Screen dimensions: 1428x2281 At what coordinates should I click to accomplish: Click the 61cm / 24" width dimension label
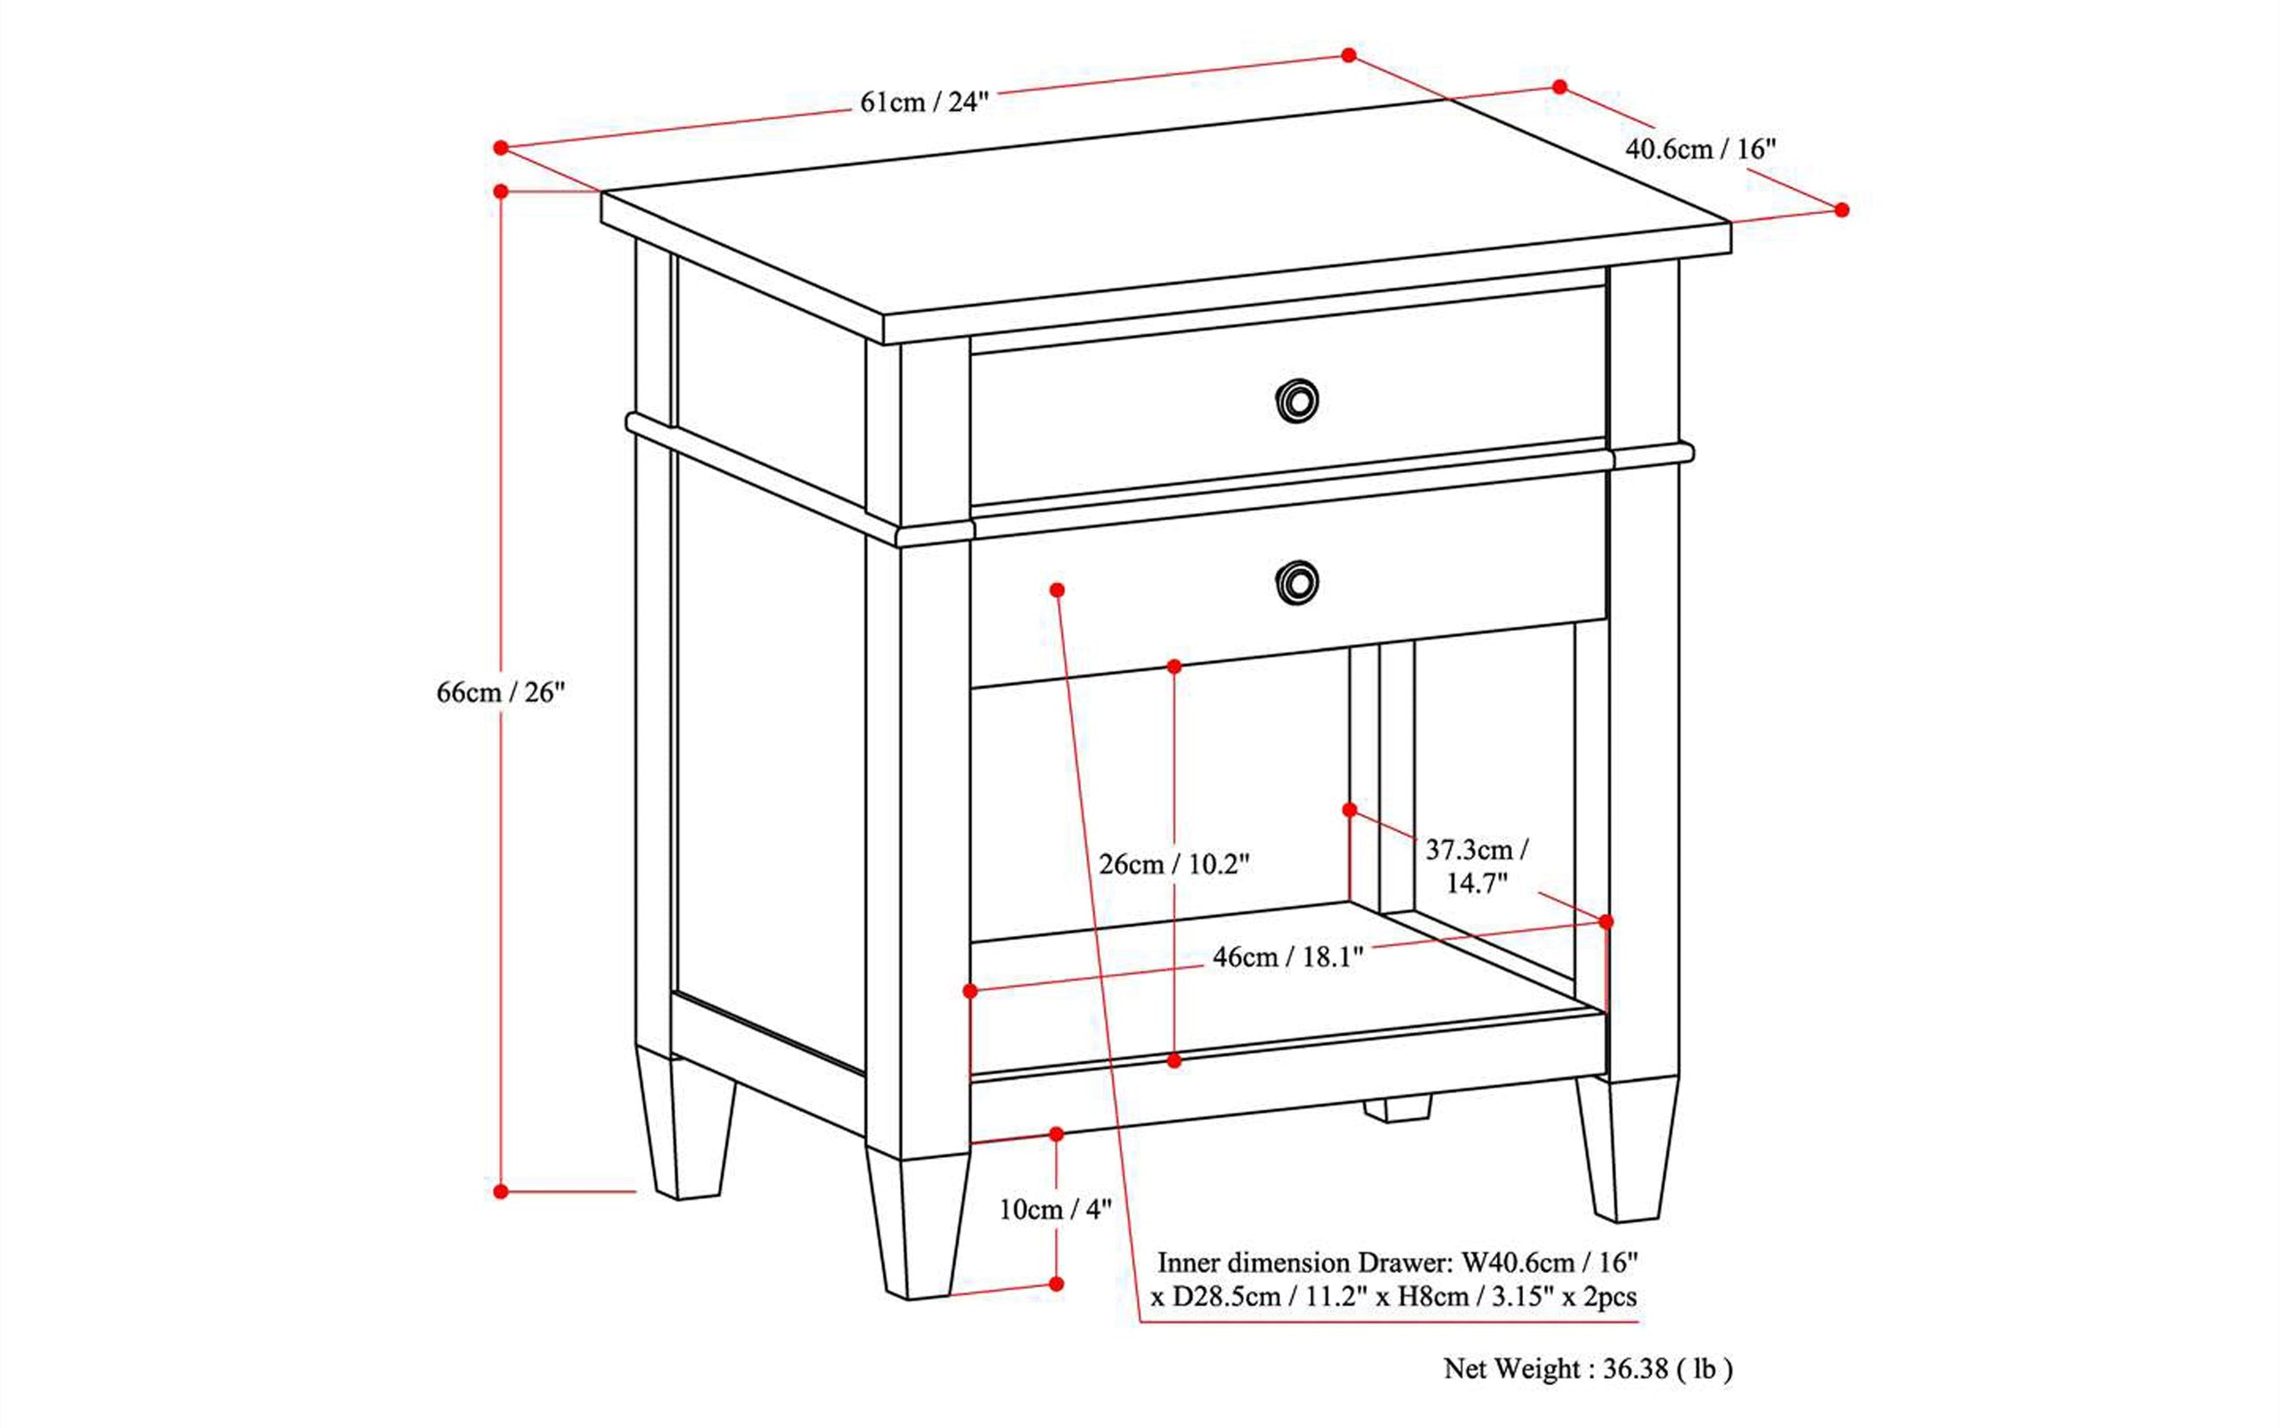click(x=924, y=102)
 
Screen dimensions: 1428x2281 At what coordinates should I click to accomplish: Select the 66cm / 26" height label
click(x=500, y=692)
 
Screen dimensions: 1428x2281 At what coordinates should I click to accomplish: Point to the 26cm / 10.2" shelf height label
click(x=1174, y=864)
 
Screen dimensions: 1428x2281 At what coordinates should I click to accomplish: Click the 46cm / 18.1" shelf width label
click(x=1288, y=957)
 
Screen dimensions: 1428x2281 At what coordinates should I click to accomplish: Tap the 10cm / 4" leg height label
click(x=1055, y=1209)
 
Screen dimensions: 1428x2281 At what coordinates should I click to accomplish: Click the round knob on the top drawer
click(x=1296, y=402)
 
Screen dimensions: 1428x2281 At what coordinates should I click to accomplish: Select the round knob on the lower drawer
click(x=1296, y=582)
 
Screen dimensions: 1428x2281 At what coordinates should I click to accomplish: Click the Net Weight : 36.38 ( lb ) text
click(x=1588, y=1368)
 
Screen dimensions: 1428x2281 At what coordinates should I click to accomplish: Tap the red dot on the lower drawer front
click(x=1057, y=591)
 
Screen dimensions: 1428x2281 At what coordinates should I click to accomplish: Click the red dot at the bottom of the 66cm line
click(x=501, y=1192)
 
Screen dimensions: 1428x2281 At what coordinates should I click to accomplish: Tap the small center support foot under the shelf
click(x=1397, y=1108)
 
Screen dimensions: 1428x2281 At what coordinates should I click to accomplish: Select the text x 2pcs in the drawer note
click(x=1600, y=1297)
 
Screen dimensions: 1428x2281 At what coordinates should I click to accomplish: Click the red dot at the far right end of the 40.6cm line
click(x=1842, y=209)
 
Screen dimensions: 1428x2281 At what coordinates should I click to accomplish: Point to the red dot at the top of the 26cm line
click(x=1174, y=666)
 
